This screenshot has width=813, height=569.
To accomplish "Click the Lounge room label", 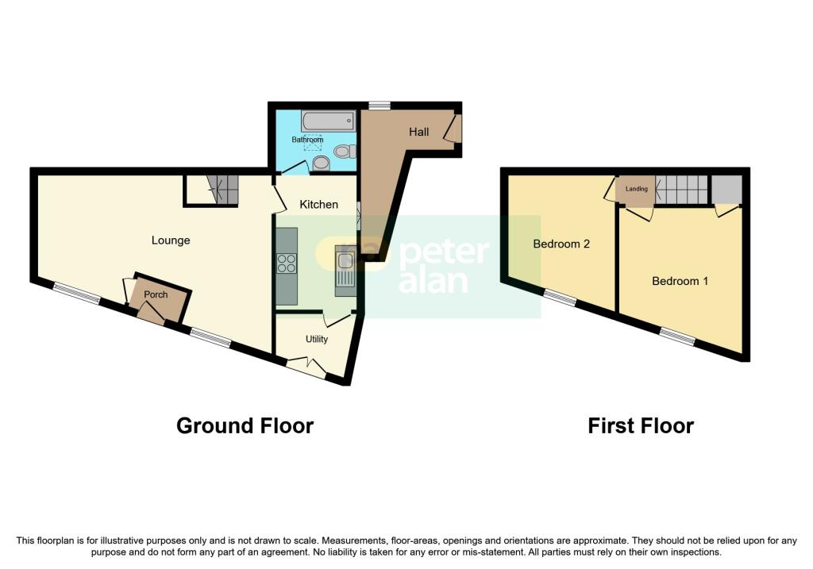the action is point(171,240).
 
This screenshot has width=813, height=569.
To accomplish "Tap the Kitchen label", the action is point(319,204).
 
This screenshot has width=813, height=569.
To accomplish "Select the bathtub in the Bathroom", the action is point(328,121).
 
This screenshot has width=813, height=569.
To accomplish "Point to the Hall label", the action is point(419,132).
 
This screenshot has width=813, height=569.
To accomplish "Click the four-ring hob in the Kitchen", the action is point(287,263).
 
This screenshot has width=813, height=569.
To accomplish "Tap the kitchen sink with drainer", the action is point(345,271).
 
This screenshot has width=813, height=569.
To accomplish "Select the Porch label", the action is point(156,294).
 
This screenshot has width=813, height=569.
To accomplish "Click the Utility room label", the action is point(317,339).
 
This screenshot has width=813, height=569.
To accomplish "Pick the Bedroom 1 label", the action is point(680,281).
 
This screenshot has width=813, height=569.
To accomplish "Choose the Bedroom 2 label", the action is point(561,244).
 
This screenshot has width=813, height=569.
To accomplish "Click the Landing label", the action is point(637,189).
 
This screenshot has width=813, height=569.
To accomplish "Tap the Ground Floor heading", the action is point(245,426).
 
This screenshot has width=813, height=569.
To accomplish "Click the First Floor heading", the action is point(641,426).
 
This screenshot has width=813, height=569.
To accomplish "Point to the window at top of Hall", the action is point(380,106).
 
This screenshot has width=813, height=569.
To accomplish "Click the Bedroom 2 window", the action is point(560,298).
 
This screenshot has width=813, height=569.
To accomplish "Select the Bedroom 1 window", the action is point(678,336).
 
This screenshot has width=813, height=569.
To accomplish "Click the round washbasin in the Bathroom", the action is point(321,163).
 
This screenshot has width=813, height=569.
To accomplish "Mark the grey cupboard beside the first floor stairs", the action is point(726,190).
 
